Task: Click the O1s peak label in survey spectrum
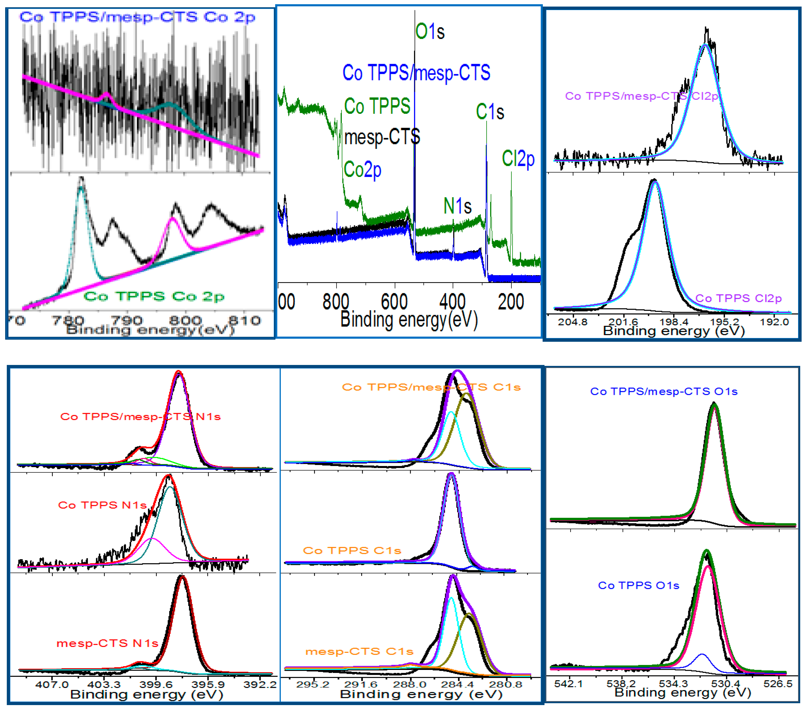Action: pos(430,32)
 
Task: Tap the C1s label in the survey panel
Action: pos(490,112)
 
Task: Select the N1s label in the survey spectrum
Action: pos(458,206)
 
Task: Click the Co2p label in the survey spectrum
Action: pos(362,170)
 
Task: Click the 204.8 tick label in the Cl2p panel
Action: pos(572,322)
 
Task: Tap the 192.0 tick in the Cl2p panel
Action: pos(774,322)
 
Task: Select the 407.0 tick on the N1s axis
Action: pos(52,684)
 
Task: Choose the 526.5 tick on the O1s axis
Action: pos(778,684)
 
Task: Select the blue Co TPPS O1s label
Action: pos(638,585)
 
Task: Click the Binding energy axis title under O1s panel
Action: pos(683,692)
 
